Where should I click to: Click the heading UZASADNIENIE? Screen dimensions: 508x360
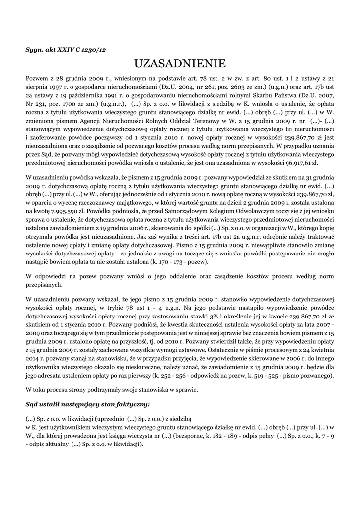pos(180,63)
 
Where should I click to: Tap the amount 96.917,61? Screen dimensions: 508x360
pos(296,162)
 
